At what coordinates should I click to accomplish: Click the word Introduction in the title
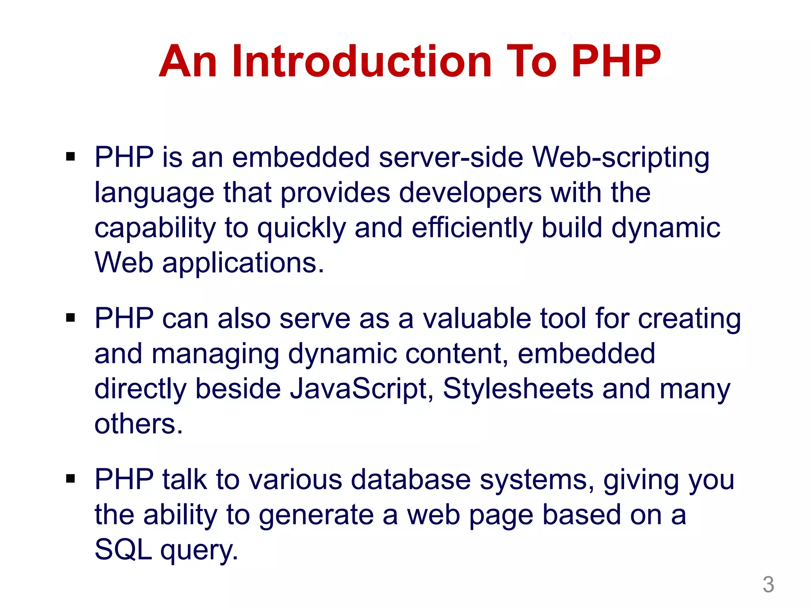[x=361, y=61]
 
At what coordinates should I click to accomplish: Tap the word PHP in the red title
[x=616, y=61]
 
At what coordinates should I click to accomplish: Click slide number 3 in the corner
[x=768, y=585]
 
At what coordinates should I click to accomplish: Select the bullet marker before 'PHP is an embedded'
[x=70, y=157]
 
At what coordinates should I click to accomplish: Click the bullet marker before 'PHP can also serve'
[x=70, y=318]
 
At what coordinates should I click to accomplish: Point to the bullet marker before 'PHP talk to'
[x=70, y=479]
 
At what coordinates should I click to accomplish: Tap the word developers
[x=470, y=193]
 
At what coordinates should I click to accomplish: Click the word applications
[x=243, y=263]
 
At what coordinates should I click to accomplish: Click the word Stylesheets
[x=518, y=389]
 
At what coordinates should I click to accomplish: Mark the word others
[x=138, y=424]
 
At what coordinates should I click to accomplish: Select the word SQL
[x=123, y=550]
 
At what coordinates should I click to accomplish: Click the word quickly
[x=301, y=229]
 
